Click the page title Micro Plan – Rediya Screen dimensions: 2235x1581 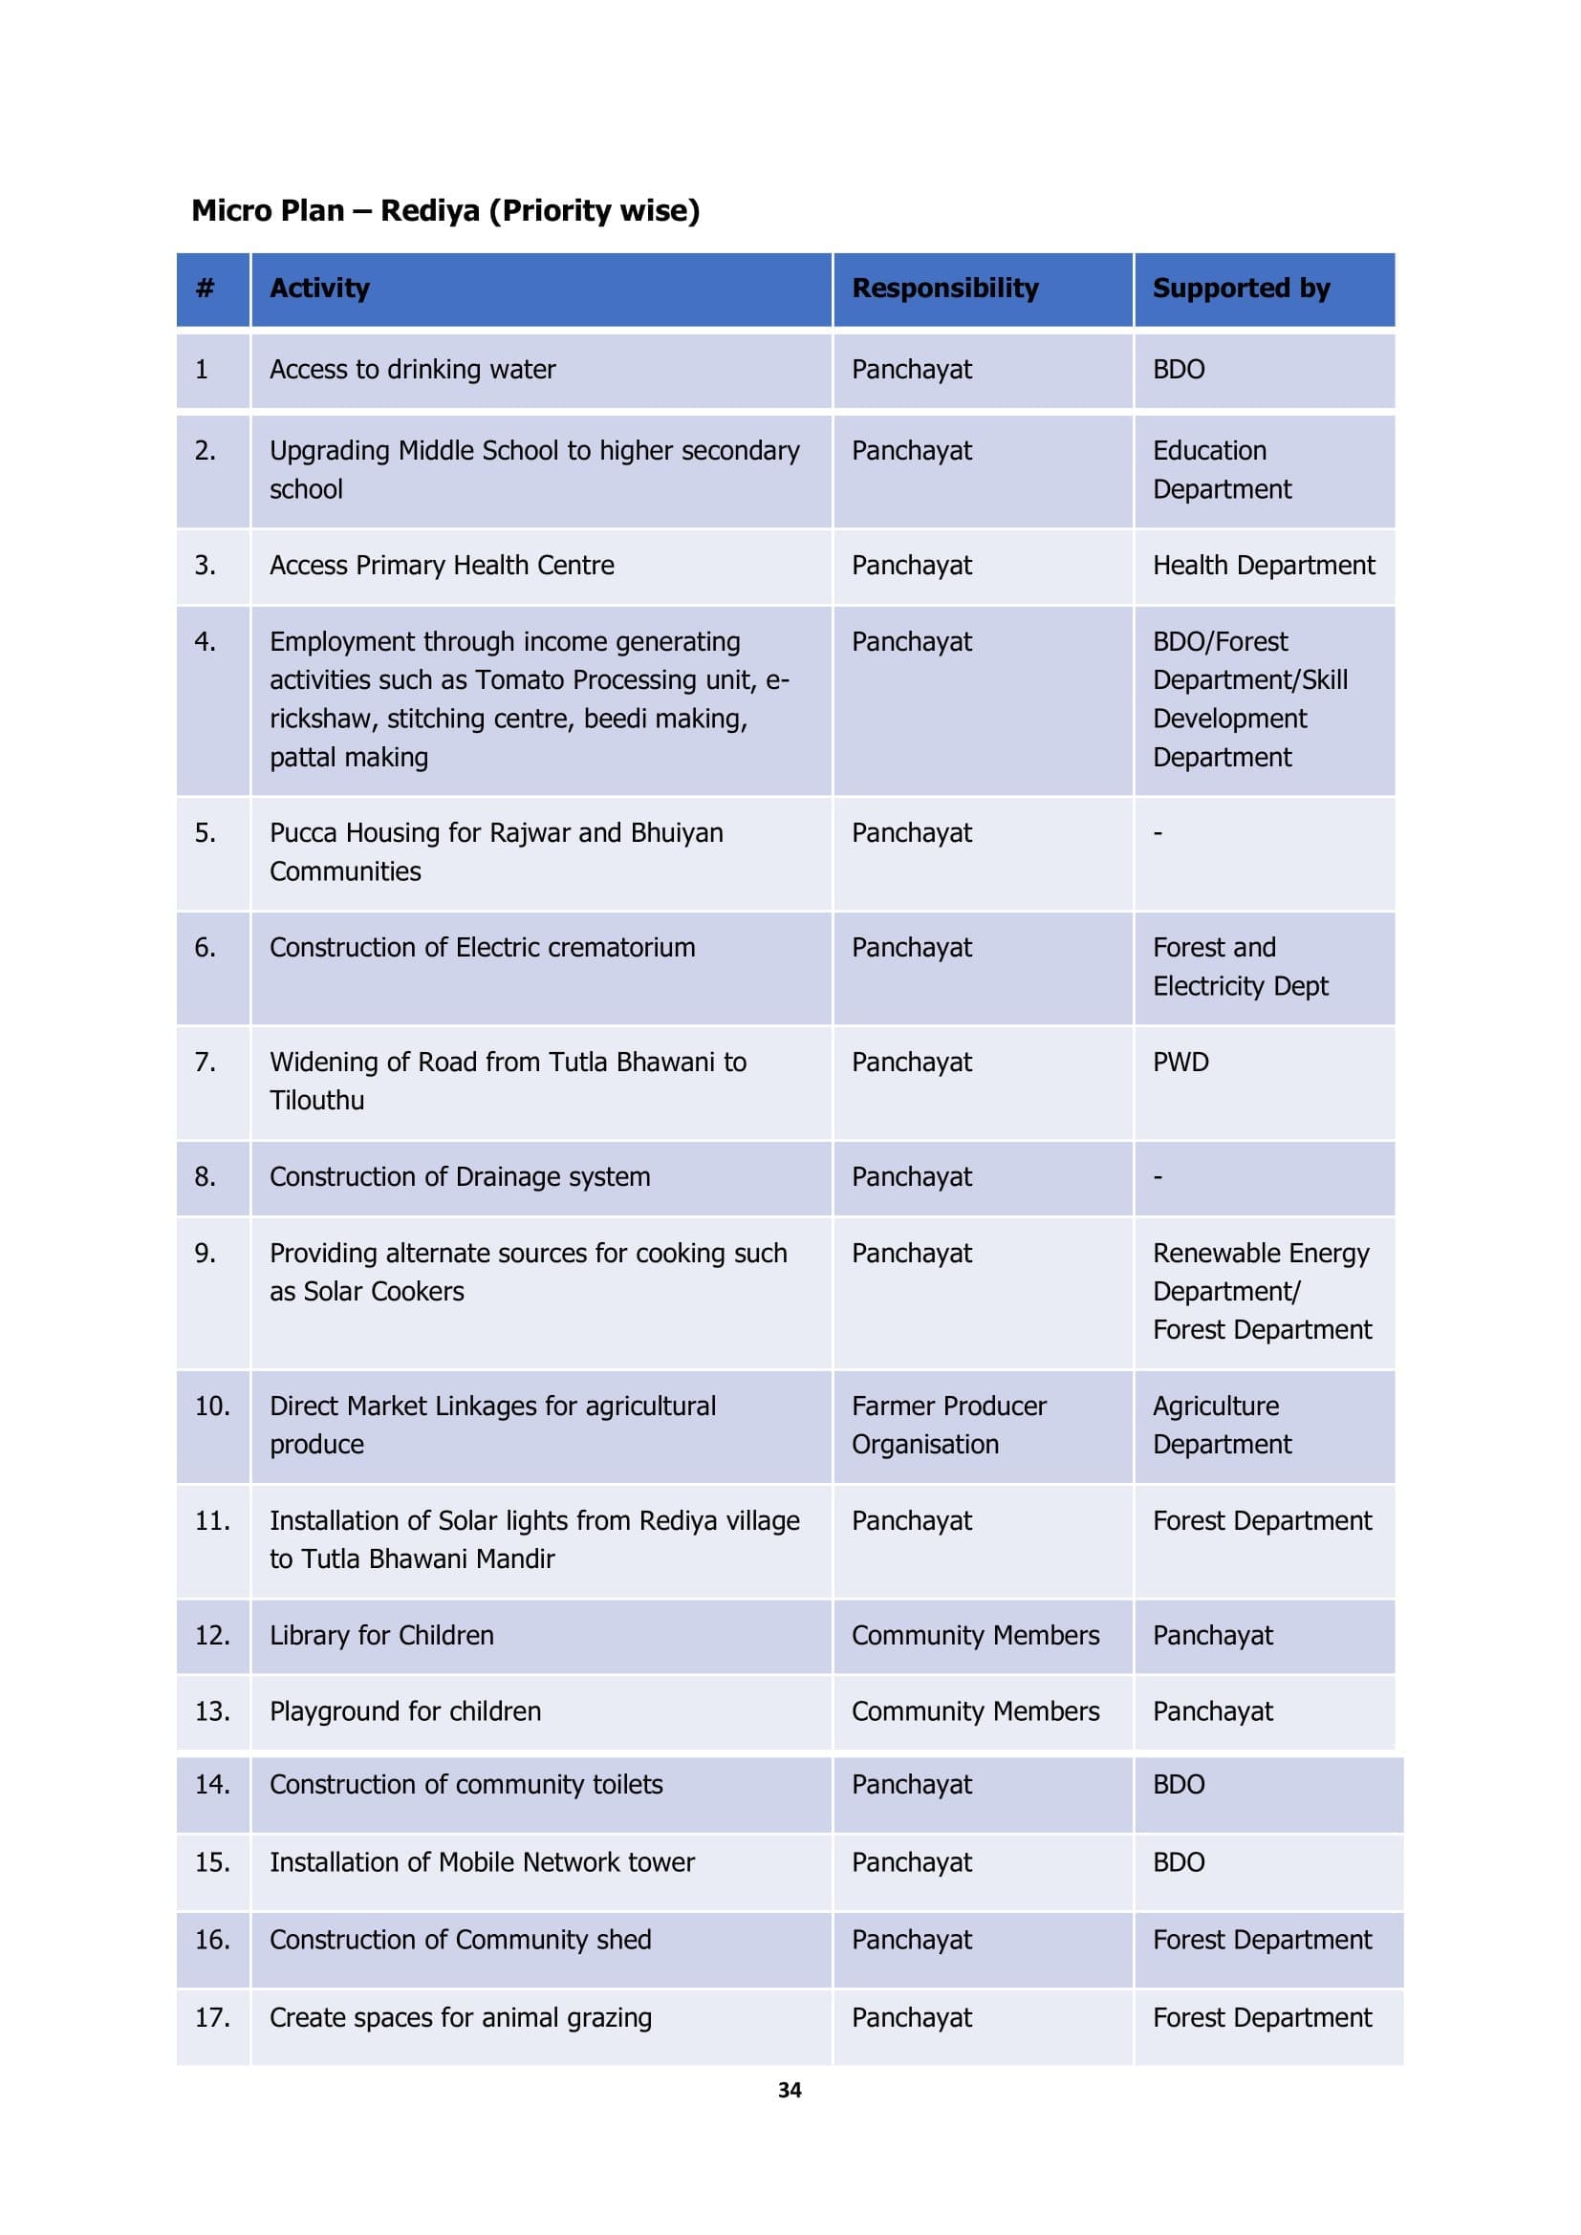click(x=444, y=210)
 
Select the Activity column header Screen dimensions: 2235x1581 click(x=319, y=289)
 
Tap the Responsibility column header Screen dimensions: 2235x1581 click(x=944, y=289)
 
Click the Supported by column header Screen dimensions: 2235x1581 click(x=1241, y=289)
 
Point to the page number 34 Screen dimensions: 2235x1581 click(x=790, y=2090)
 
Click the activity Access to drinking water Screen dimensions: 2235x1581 click(x=412, y=370)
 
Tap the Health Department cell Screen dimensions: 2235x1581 click(x=1263, y=566)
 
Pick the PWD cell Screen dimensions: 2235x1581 click(x=1180, y=1062)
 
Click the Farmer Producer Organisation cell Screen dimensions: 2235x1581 click(x=948, y=1425)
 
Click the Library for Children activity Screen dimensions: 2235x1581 click(x=381, y=1635)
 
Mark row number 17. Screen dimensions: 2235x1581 click(x=212, y=2017)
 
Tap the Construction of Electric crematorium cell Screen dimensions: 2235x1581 click(x=482, y=948)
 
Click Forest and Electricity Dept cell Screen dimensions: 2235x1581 click(x=1240, y=967)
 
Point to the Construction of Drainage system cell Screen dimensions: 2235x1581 click(x=460, y=1177)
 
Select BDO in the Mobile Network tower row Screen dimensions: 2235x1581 click(x=1178, y=1862)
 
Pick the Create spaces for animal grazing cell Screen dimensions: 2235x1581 click(x=461, y=2017)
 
